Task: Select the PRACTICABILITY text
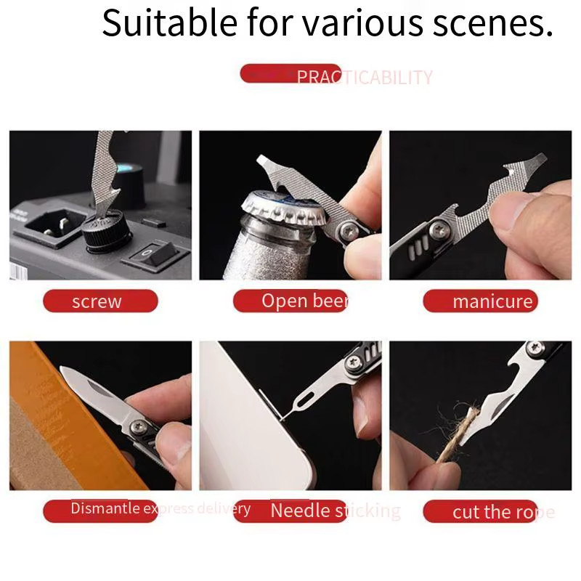click(364, 78)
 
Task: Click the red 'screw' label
click(99, 301)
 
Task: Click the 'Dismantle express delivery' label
click(160, 509)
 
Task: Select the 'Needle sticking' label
click(334, 511)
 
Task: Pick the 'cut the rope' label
click(494, 512)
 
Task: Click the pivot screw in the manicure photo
click(438, 231)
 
